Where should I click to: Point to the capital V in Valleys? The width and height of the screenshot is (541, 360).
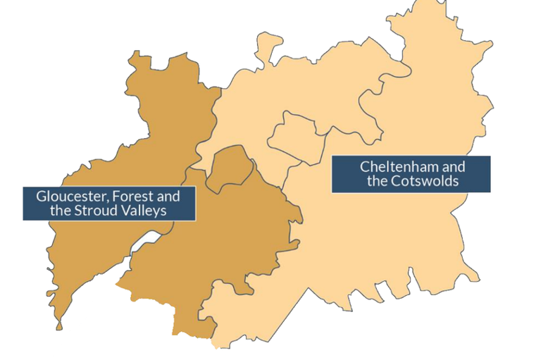[x=127, y=211]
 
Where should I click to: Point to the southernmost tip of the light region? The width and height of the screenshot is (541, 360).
[x=214, y=345]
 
